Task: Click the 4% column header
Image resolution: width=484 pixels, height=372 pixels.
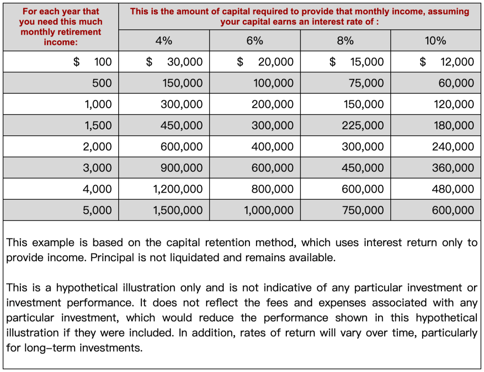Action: pos(164,41)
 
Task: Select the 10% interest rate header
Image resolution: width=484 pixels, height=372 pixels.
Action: pos(435,41)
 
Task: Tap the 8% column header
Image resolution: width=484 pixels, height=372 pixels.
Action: pos(345,41)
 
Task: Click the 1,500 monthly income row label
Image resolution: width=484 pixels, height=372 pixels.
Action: pos(98,125)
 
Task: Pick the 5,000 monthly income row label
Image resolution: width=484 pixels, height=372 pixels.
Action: pos(97,210)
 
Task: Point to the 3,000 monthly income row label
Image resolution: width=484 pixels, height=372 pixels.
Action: pos(97,168)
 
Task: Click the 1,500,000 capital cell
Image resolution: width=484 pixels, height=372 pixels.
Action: pos(178,210)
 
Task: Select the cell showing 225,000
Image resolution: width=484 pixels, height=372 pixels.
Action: pos(363,125)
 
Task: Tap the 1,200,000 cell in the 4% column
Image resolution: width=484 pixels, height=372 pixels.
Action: pos(178,189)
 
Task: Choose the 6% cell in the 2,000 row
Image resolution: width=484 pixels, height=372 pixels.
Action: pos(273,147)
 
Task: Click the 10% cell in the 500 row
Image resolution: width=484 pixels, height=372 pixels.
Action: pos(456,83)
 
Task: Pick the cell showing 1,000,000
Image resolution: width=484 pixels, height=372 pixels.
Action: pos(269,210)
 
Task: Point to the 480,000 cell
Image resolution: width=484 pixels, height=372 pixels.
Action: pos(453,189)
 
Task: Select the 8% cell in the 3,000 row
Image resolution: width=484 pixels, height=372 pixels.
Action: pos(363,168)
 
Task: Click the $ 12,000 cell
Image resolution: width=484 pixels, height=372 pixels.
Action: pos(447,62)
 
